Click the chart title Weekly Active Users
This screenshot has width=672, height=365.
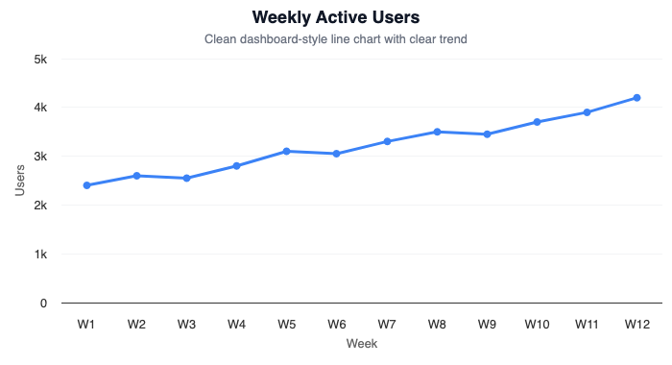coord(336,17)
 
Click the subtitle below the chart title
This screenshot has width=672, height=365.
coord(336,39)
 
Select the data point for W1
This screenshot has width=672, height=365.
coord(87,185)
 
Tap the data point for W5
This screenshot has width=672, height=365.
coord(287,151)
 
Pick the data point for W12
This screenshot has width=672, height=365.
coord(636,98)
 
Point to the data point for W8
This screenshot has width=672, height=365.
coord(437,132)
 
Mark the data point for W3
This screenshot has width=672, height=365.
coord(187,178)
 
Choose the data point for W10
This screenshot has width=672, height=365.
coord(537,122)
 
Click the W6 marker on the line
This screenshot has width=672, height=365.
coord(337,154)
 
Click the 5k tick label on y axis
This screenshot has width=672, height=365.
coord(40,60)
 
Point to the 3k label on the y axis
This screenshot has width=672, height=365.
coord(40,157)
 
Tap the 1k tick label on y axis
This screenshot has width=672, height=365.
coord(40,255)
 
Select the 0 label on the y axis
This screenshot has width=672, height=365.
coord(44,304)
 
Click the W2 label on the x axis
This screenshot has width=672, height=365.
coord(137,325)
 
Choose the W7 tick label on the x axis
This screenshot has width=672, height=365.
coord(387,325)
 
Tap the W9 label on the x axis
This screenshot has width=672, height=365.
coord(487,325)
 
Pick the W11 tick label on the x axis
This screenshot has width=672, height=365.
coord(587,325)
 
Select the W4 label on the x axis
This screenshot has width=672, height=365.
coord(237,325)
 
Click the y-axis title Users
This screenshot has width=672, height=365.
coord(20,181)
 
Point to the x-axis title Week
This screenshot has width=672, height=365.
coord(362,344)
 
